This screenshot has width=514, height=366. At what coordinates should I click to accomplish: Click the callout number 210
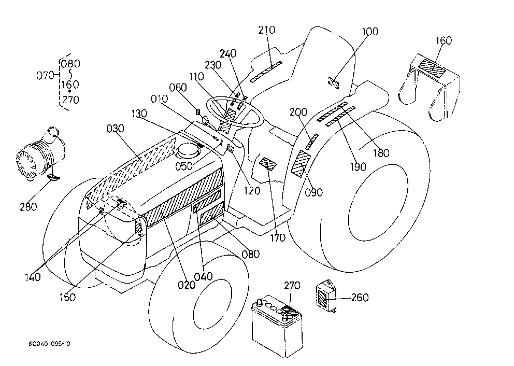click(x=266, y=30)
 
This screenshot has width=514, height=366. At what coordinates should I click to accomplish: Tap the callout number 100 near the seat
click(x=370, y=32)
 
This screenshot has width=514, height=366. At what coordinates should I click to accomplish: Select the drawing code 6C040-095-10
click(x=49, y=344)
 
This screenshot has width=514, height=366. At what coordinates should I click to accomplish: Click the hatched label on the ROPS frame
click(x=433, y=68)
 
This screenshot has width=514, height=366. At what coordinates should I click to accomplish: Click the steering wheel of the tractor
click(x=235, y=112)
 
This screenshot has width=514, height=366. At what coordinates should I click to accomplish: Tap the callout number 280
click(x=28, y=207)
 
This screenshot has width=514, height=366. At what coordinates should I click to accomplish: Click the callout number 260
click(x=360, y=298)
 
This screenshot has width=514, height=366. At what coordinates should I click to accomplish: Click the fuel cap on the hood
click(x=188, y=152)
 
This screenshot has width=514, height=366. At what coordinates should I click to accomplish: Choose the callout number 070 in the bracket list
click(x=45, y=76)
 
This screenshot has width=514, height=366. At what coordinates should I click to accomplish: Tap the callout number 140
click(x=33, y=277)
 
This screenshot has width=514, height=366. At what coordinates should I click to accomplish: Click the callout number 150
click(x=67, y=297)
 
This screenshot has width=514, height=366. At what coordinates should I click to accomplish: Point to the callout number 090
click(x=313, y=192)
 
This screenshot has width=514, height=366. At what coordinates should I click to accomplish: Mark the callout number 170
click(x=278, y=238)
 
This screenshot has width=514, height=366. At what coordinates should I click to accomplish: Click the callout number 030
click(x=116, y=129)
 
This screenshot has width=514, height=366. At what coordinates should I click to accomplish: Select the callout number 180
click(x=381, y=153)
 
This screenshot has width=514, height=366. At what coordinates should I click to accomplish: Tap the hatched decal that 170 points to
click(x=268, y=164)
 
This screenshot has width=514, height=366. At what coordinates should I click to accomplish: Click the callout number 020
click(x=187, y=285)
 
